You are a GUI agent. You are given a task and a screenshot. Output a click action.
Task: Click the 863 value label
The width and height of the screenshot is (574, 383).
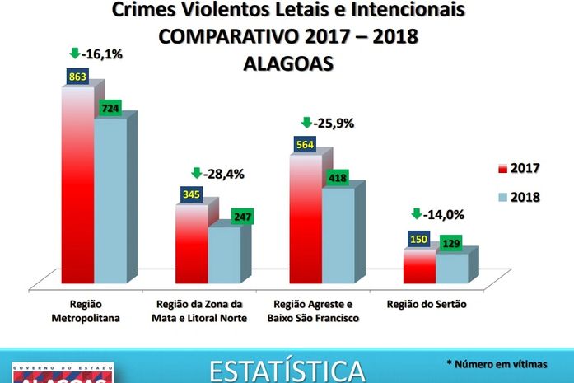(x=77, y=77)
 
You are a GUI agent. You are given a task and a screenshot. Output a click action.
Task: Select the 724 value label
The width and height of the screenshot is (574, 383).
(x=110, y=108)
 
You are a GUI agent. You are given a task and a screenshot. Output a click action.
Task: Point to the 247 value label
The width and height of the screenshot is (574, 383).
(x=241, y=216)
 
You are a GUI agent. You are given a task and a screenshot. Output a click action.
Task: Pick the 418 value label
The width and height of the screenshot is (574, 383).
(x=338, y=178)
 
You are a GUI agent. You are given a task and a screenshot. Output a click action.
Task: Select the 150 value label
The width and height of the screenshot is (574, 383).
(x=419, y=240)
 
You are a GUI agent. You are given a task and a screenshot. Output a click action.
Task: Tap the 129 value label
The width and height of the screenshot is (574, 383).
(x=450, y=245)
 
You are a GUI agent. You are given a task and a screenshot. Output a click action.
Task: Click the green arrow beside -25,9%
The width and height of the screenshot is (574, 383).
(x=307, y=123)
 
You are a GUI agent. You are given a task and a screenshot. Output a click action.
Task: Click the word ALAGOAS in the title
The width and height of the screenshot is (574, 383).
(x=287, y=63)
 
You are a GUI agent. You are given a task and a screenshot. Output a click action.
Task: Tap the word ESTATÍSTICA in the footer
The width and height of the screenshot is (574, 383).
(x=287, y=370)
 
